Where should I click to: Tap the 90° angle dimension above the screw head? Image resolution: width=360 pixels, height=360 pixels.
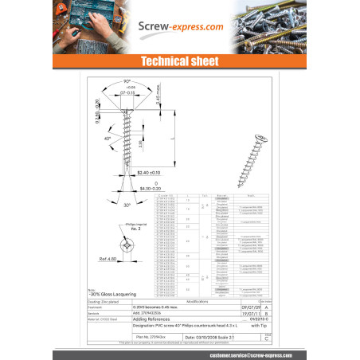click(x=127, y=81)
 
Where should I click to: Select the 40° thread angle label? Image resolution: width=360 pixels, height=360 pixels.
click(x=108, y=139)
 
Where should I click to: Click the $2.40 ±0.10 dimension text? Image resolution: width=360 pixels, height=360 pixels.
click(x=151, y=172)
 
